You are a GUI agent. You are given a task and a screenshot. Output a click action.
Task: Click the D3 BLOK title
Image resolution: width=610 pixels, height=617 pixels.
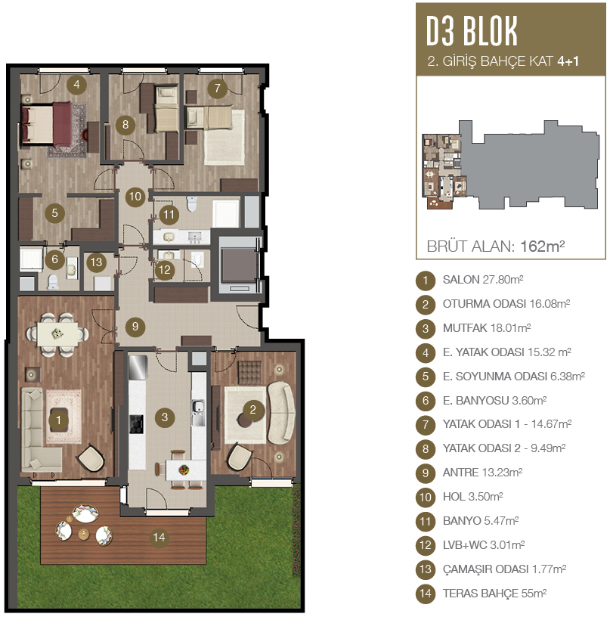(x=472, y=31)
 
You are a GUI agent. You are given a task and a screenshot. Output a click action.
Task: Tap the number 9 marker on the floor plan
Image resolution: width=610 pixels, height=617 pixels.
(x=135, y=326)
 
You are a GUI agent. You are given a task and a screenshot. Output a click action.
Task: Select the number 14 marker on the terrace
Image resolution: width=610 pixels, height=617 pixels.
(x=159, y=537)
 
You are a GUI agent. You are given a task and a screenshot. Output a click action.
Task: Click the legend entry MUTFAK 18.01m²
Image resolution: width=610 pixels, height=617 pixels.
(x=487, y=328)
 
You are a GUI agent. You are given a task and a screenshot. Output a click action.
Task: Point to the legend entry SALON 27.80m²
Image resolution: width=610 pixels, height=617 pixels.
(x=483, y=280)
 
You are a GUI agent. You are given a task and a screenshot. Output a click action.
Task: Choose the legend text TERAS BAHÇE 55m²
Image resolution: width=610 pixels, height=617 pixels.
(x=495, y=594)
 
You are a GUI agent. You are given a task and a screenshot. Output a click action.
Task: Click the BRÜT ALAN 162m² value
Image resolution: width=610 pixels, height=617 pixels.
(x=543, y=246)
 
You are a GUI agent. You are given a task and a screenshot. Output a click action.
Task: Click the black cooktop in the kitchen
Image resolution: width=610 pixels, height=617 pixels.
(x=137, y=424)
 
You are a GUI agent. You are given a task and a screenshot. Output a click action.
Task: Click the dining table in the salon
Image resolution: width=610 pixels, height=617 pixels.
(x=57, y=333)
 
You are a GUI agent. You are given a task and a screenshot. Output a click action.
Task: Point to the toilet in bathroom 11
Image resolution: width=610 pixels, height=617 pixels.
(x=191, y=203)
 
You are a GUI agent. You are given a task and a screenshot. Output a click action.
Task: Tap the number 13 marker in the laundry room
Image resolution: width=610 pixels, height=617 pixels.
(x=96, y=262)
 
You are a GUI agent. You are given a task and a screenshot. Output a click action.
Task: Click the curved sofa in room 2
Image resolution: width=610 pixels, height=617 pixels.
(x=281, y=412)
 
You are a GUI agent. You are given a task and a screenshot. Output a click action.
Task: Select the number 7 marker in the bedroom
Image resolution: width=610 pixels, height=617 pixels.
(x=217, y=88)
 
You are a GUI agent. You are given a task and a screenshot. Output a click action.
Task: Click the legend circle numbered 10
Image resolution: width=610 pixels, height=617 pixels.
(x=426, y=497)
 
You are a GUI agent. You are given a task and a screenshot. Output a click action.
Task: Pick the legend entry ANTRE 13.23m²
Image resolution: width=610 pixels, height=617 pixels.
(x=482, y=473)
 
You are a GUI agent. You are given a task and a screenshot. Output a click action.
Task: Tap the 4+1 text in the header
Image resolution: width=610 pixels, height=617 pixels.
(x=568, y=61)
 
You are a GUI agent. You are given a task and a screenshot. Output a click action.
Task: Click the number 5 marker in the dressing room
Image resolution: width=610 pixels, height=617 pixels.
(x=54, y=213)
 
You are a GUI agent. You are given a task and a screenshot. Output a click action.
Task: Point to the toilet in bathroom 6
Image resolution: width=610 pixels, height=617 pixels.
(x=52, y=282)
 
